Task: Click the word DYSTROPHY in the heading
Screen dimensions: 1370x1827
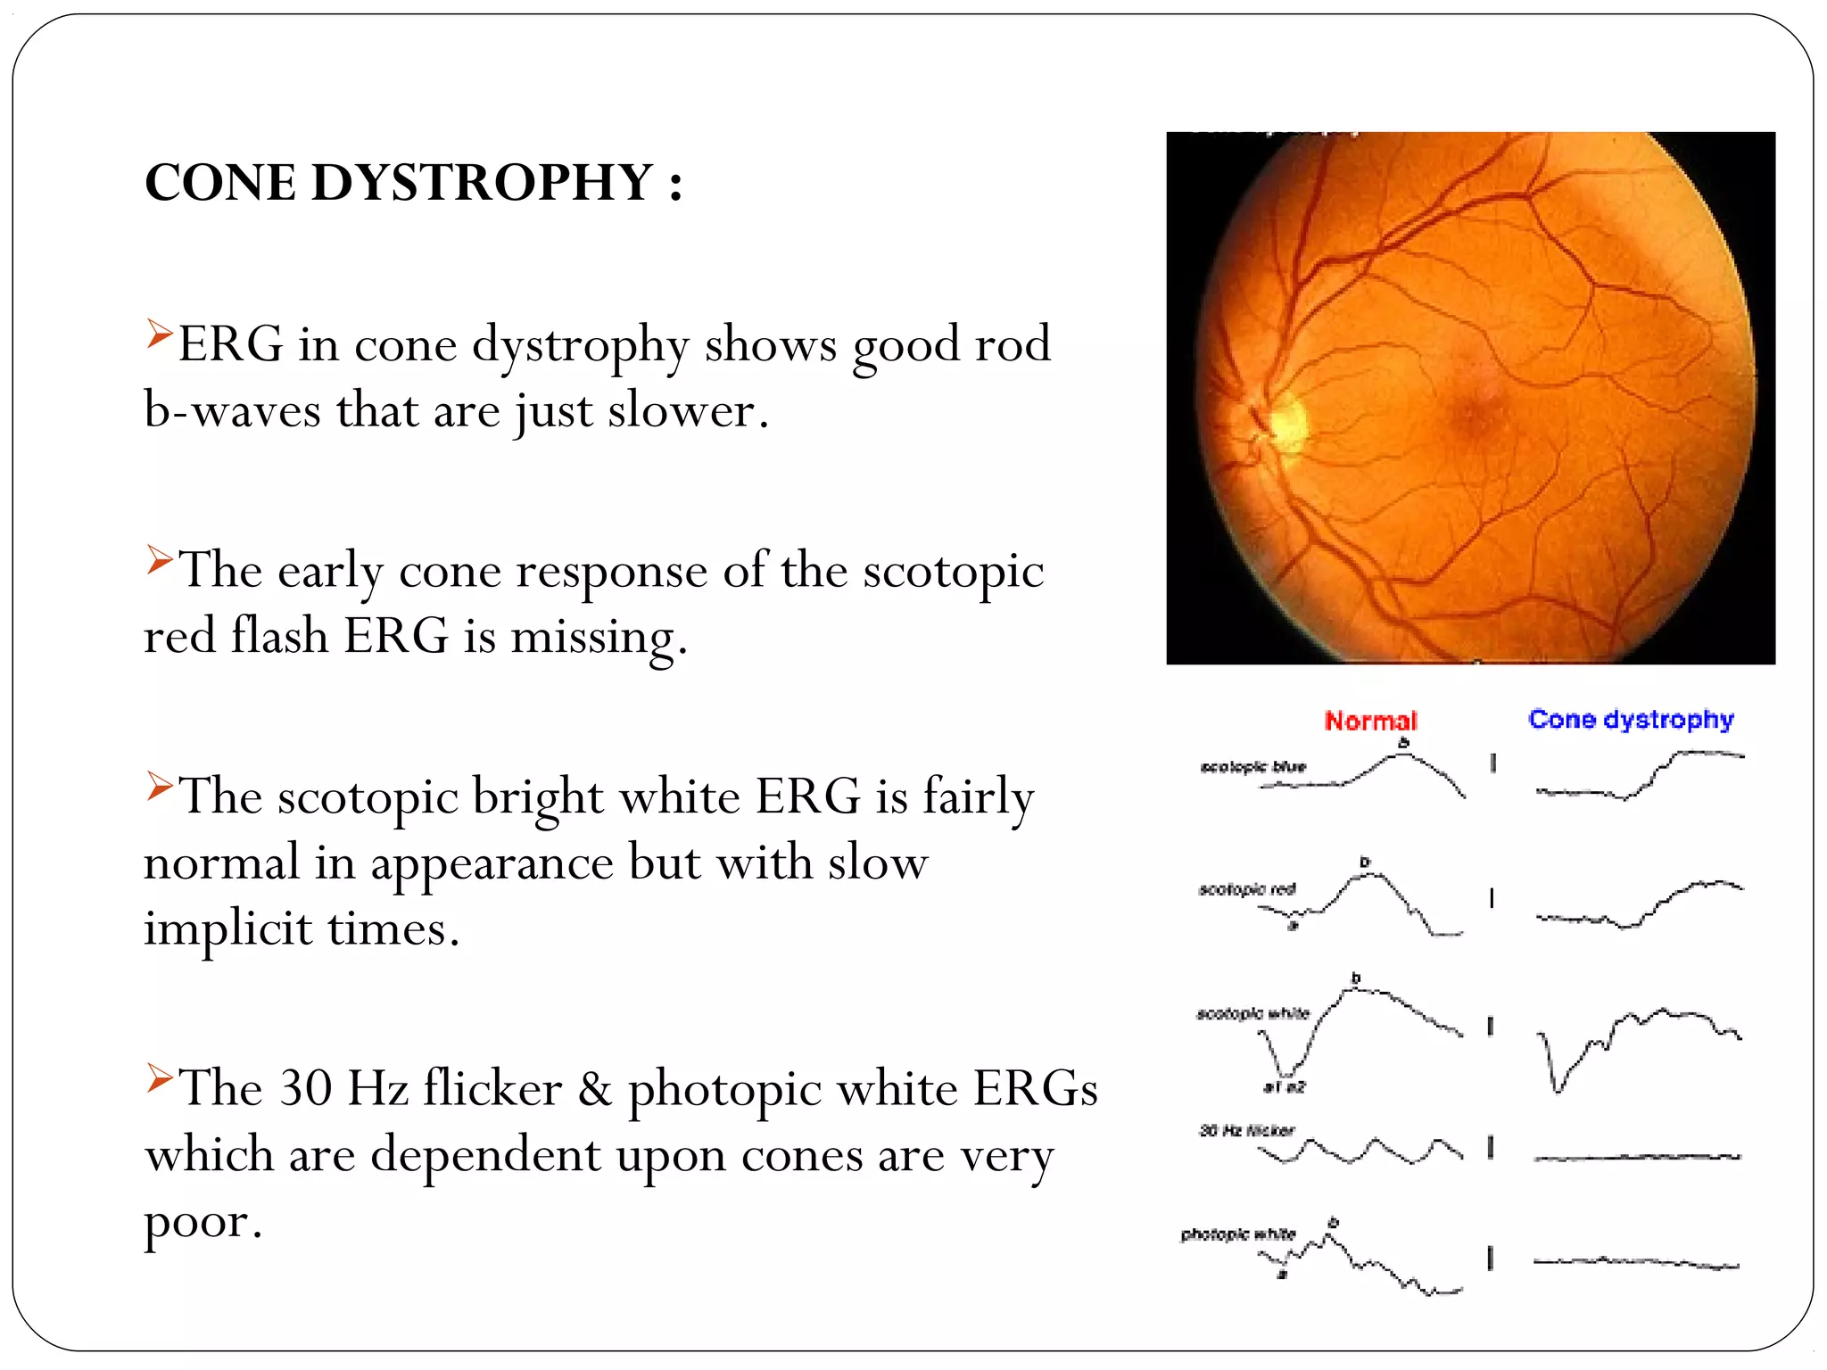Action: (482, 183)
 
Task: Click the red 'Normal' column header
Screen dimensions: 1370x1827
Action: (1370, 721)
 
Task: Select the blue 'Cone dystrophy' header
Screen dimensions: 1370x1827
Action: (1631, 720)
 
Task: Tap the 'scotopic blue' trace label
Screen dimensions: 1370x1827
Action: (1252, 767)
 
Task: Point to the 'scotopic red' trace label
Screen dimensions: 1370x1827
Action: (1246, 889)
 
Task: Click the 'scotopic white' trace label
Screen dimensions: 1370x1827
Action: (1252, 1014)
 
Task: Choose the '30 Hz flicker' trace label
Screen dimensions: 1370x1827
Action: (1246, 1131)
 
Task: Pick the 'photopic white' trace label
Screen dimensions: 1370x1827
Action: (1237, 1234)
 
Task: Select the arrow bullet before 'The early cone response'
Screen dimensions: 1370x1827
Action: (160, 559)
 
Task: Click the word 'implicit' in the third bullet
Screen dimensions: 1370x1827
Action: (227, 929)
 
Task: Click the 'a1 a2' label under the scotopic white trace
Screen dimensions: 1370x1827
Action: (1285, 1087)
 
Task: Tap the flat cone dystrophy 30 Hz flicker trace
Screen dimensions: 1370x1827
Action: (1637, 1157)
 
